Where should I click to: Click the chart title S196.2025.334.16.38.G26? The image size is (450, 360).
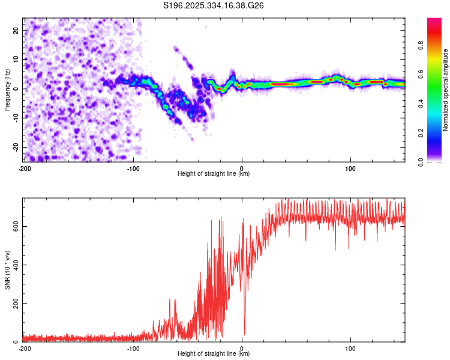(x=214, y=5)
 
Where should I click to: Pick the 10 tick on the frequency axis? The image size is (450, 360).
(x=16, y=59)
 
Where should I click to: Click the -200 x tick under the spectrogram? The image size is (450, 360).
(x=24, y=168)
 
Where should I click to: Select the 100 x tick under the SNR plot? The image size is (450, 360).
(x=350, y=348)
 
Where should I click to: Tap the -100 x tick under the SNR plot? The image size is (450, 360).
(x=133, y=348)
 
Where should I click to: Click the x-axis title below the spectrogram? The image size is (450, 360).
(x=214, y=174)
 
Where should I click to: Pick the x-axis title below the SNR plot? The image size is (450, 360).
(x=214, y=354)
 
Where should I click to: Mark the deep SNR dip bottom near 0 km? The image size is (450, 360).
(x=244, y=334)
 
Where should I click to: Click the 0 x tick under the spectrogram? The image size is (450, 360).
(x=242, y=168)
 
